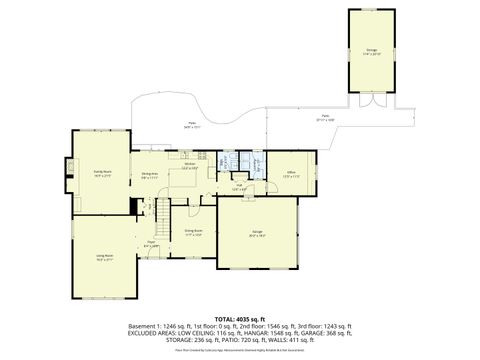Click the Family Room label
[102, 172]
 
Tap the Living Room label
[104, 257]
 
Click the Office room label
[290, 173]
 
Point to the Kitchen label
[189, 167]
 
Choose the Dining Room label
[193, 234]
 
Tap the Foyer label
[152, 244]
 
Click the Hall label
[240, 187]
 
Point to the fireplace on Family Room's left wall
[70, 166]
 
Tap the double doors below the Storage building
[373, 100]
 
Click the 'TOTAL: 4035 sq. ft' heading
[239, 318]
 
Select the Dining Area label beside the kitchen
[150, 175]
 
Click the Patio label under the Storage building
[327, 118]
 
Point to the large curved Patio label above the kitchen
[192, 126]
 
